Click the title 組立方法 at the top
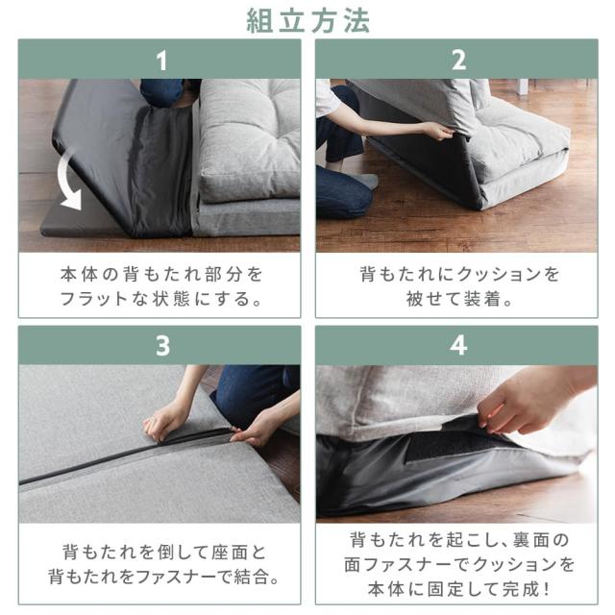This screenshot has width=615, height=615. coord(307,21)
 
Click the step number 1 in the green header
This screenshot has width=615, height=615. coord(161,61)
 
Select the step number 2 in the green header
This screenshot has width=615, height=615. coord(458,61)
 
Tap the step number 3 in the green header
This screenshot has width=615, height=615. coord(162,346)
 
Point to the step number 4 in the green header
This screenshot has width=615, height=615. coord(458,345)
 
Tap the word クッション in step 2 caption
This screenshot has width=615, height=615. coord(500,274)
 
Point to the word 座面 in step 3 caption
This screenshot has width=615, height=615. coord(229,553)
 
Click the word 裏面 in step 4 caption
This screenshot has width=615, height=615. coord(530,540)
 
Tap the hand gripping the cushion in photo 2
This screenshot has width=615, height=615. coord(439,130)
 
